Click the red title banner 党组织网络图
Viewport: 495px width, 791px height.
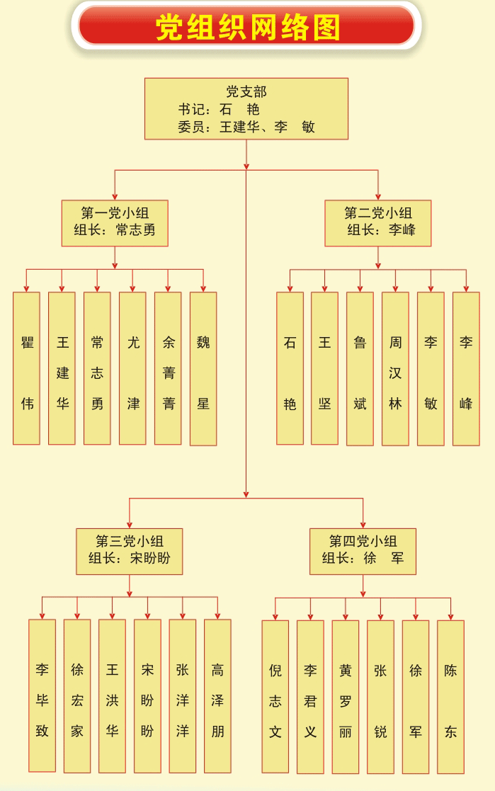(x=246, y=27)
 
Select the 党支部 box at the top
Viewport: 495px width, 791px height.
(x=246, y=108)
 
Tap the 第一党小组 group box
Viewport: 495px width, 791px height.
(x=115, y=222)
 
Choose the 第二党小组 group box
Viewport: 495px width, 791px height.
(x=378, y=222)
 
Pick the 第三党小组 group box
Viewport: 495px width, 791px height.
(x=130, y=550)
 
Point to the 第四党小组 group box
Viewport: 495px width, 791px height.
(x=363, y=550)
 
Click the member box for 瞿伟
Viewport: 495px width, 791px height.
(x=27, y=368)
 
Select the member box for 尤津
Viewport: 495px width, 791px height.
(x=132, y=368)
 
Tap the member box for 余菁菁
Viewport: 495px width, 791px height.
(x=168, y=368)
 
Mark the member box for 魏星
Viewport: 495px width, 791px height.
(x=203, y=368)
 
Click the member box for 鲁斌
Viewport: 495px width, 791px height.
(x=360, y=368)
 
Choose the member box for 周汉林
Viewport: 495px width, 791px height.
(x=395, y=368)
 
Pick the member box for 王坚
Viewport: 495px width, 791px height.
(x=324, y=368)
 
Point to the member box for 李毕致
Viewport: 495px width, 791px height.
(x=42, y=695)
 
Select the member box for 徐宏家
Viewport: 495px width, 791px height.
(x=77, y=695)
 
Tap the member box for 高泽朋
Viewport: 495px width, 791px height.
(x=217, y=695)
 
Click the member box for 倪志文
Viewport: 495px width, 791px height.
(x=275, y=696)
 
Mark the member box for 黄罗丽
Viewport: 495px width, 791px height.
(x=346, y=696)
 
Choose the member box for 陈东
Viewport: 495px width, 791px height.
(x=450, y=696)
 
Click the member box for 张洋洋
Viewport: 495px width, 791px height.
(x=183, y=695)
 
